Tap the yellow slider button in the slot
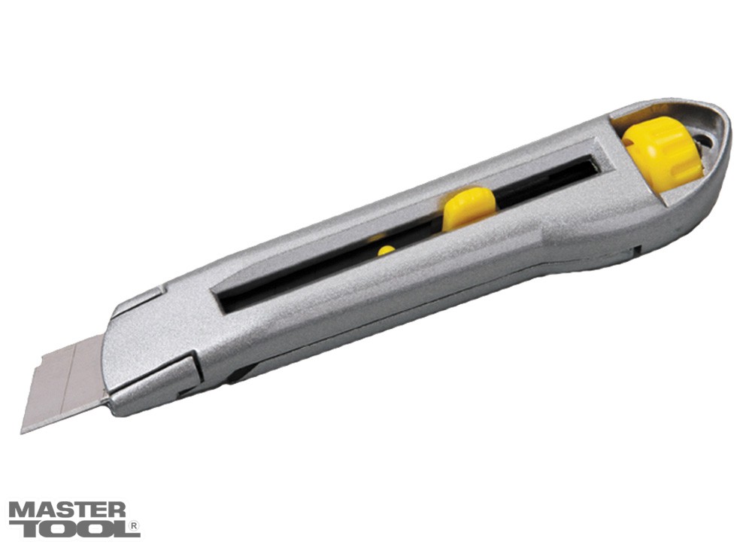[468, 208]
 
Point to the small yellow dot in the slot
[386, 251]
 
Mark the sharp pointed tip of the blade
[22, 432]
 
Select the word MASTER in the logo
[67, 510]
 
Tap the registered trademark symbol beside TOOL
[135, 527]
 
